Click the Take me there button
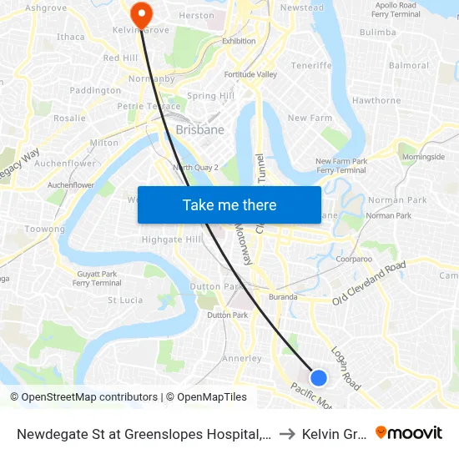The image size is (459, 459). (229, 205)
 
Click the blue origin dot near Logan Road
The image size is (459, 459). (318, 378)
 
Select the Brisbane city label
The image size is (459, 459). (200, 130)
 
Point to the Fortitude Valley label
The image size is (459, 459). (250, 74)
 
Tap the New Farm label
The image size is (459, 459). (310, 119)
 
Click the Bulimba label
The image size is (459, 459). (377, 32)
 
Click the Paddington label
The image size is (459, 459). (95, 90)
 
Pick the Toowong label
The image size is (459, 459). (45, 229)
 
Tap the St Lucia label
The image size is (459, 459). (125, 300)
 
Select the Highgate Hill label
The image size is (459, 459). (172, 240)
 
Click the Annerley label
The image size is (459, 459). (242, 359)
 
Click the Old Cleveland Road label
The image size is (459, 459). (368, 283)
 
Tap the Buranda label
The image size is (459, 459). (283, 297)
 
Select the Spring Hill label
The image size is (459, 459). (210, 96)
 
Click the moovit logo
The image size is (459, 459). (409, 432)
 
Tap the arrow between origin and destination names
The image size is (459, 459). (286, 433)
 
